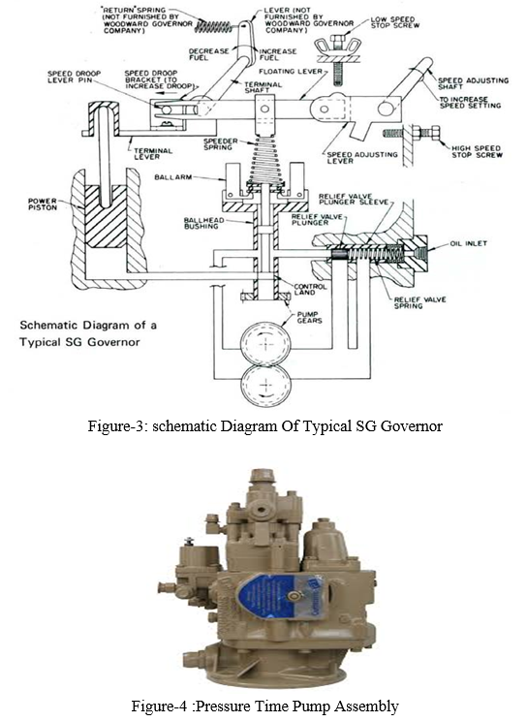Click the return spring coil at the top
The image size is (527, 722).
tap(213, 26)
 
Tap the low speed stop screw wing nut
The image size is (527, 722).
tap(337, 47)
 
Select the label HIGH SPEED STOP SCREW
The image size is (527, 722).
tap(476, 151)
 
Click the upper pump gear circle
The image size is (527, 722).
tap(265, 343)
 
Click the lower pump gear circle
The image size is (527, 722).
tap(265, 385)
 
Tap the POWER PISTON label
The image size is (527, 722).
tap(43, 204)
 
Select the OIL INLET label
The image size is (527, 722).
tap(468, 243)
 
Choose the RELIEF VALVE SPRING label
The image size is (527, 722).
tap(419, 302)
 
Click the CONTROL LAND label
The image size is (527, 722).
tap(310, 289)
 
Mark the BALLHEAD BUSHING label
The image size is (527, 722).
tap(203, 223)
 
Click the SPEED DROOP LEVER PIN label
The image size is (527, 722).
tap(74, 77)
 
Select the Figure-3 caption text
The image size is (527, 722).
tap(264, 425)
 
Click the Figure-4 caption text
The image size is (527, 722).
tap(264, 706)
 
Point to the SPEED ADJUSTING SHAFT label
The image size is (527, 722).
tap(473, 83)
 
